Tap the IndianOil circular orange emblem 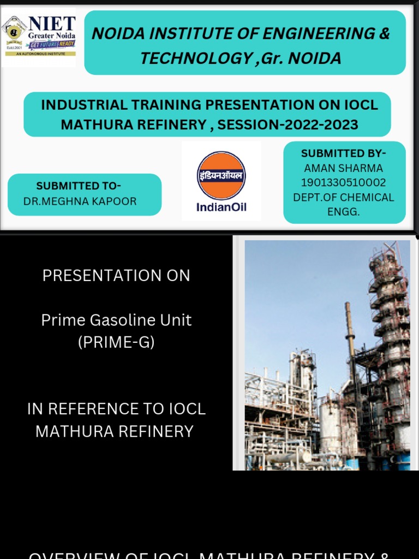221,175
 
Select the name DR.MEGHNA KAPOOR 80,201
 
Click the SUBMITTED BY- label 343,153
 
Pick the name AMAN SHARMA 343,168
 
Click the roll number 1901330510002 343,183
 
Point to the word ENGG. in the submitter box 343,212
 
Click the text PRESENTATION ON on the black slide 116,276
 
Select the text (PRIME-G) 116,342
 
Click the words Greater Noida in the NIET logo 52,35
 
